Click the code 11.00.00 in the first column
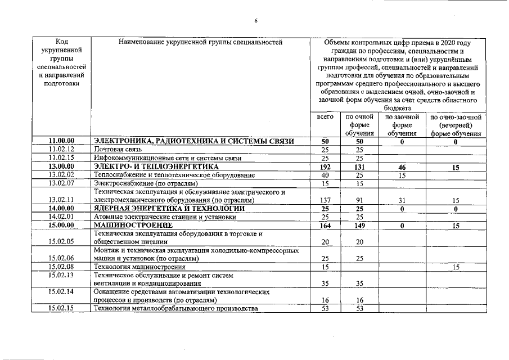click(62, 142)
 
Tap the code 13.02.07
click(62, 183)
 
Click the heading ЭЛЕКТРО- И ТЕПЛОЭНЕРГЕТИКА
click(156, 167)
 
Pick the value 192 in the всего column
click(325, 167)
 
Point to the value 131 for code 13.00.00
click(359, 167)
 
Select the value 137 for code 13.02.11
click(325, 200)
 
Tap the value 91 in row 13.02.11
click(359, 200)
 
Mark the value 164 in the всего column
click(325, 226)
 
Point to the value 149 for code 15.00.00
click(359, 226)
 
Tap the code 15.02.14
click(62, 292)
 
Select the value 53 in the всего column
click(325, 308)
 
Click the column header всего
click(325, 117)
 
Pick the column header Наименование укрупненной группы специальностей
click(200, 42)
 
